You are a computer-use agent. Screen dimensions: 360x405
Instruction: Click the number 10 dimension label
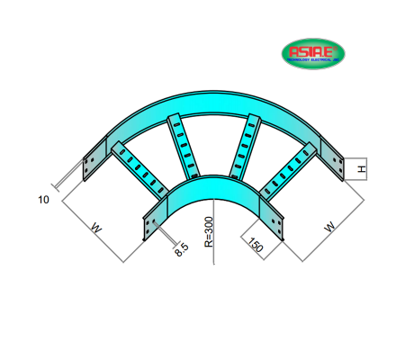pos(42,199)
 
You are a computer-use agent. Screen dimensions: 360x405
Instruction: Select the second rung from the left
pos(182,144)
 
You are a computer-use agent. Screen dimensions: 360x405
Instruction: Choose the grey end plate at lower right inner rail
pos(273,225)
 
